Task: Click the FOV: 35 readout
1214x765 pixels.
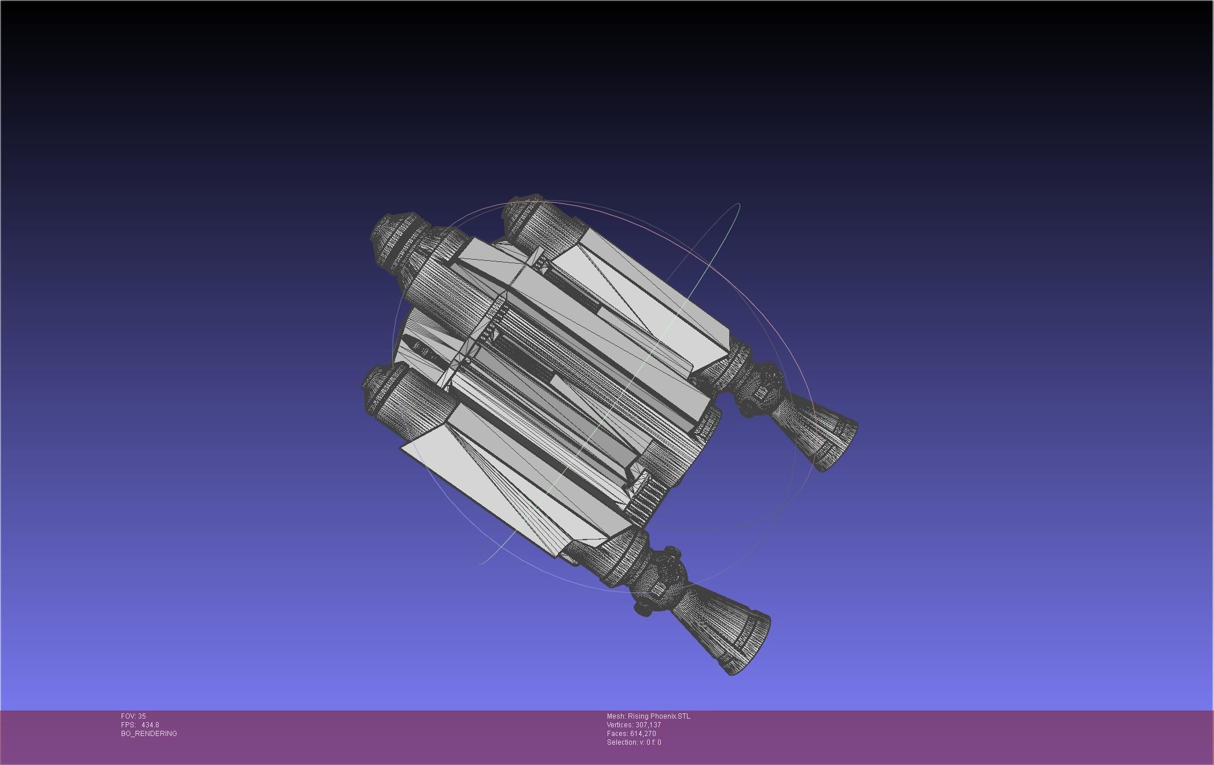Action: [x=133, y=716]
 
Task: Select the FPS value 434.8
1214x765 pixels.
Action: [x=149, y=725]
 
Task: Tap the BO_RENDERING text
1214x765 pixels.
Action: [x=149, y=734]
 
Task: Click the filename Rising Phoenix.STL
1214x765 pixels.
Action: [x=659, y=716]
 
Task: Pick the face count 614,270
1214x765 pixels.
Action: [x=643, y=734]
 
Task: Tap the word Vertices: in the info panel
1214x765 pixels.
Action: [x=620, y=725]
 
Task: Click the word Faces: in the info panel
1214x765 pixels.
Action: [x=617, y=734]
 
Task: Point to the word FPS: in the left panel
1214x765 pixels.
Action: [x=128, y=725]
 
